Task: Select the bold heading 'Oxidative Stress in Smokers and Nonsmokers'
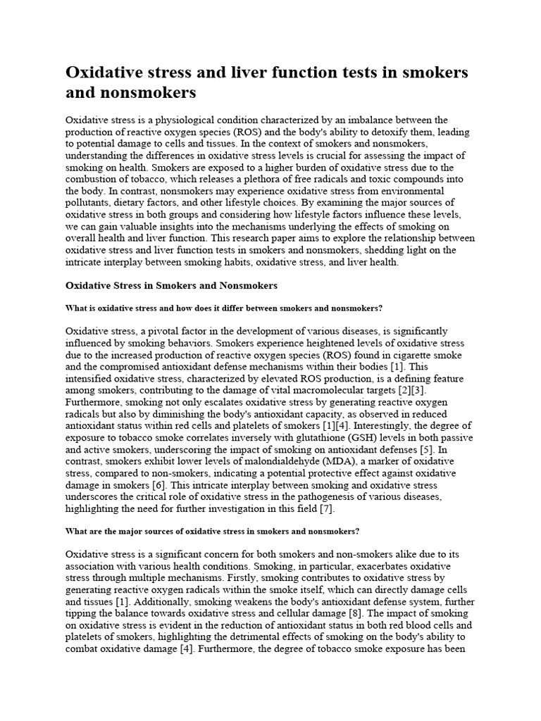pyautogui.click(x=171, y=285)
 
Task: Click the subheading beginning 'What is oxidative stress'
pyautogui.click(x=223, y=308)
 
